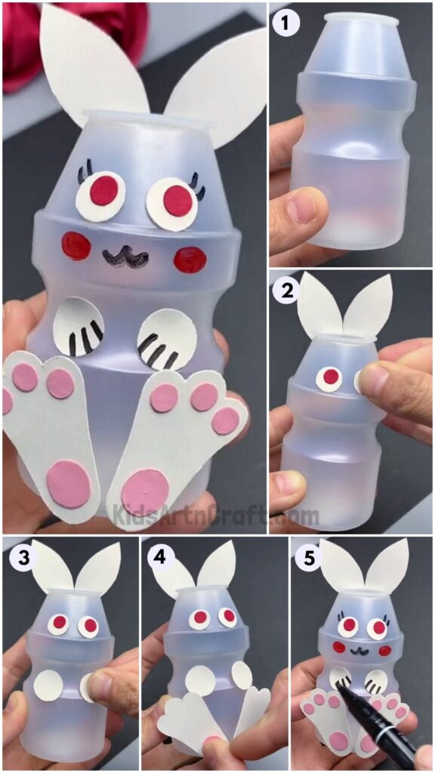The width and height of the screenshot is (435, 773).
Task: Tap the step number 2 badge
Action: pyautogui.click(x=286, y=289)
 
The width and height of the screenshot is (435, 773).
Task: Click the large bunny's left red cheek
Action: pyautogui.click(x=76, y=245)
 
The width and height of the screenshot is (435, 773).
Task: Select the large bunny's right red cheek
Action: pyautogui.click(x=190, y=259)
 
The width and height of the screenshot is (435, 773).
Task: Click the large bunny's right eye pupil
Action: pyautogui.click(x=178, y=200)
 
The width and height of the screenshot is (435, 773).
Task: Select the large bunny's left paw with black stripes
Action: pyautogui.click(x=81, y=326)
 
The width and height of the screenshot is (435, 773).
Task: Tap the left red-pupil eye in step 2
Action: pyautogui.click(x=330, y=376)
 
